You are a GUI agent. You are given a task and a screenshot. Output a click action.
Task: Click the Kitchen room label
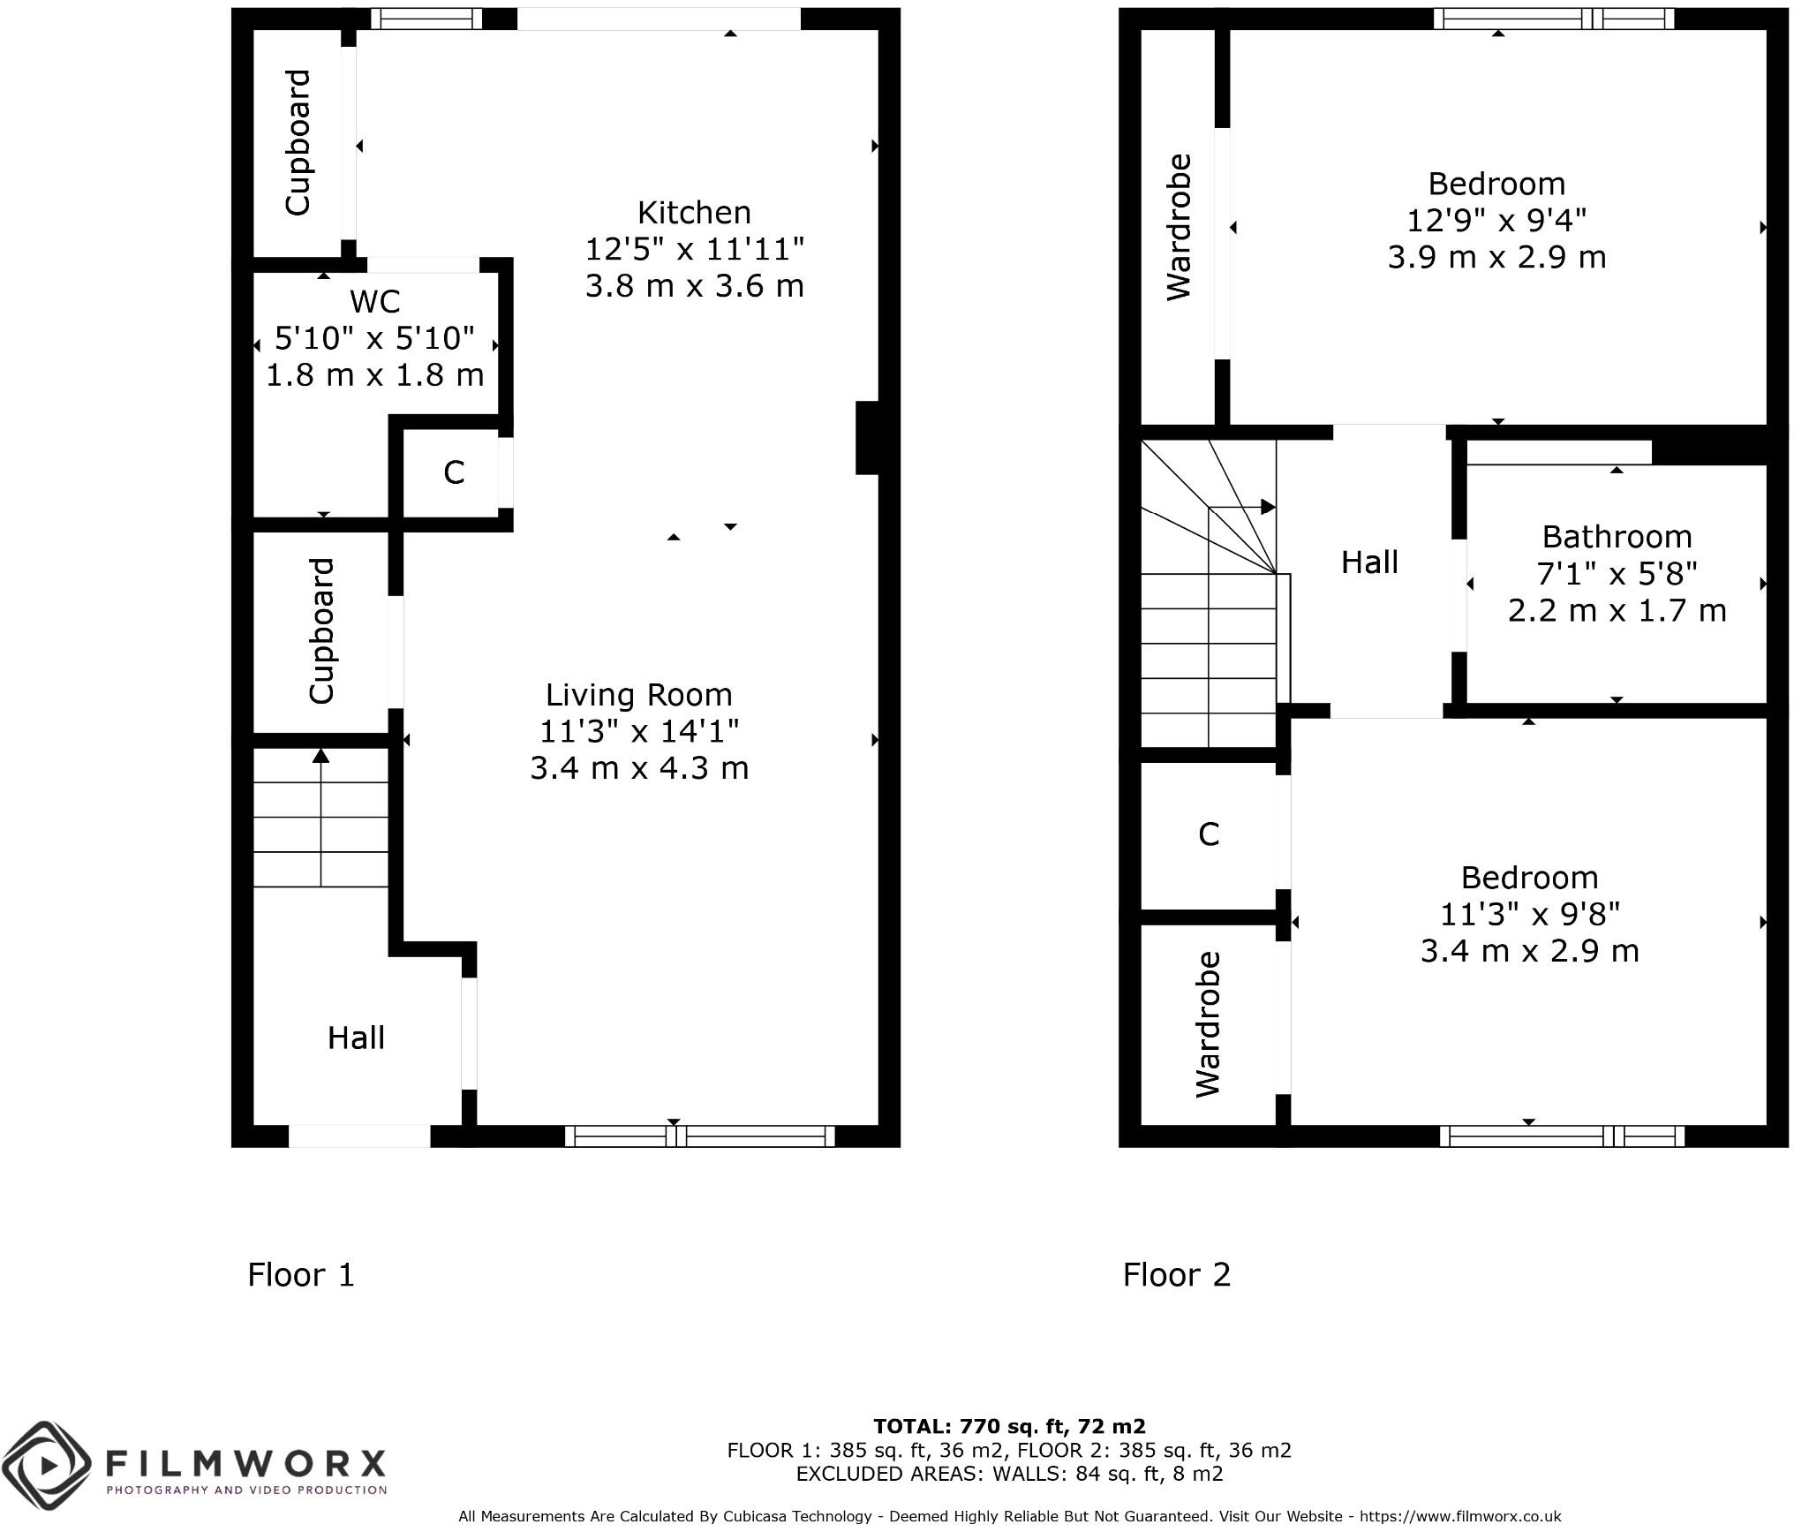pyautogui.click(x=694, y=213)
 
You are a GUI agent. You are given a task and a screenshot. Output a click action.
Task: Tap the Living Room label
pyautogui.click(x=638, y=695)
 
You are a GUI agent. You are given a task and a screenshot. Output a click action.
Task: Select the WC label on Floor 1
pyautogui.click(x=374, y=302)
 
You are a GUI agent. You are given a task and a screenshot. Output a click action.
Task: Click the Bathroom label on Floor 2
pyautogui.click(x=1617, y=537)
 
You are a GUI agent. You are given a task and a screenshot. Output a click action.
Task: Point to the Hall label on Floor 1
pyautogui.click(x=356, y=1038)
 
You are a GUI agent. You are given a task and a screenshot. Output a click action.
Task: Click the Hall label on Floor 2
pyautogui.click(x=1369, y=562)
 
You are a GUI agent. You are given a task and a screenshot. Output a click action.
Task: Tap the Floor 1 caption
pyautogui.click(x=301, y=1275)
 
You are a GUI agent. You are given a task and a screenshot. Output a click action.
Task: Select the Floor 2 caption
pyautogui.click(x=1176, y=1275)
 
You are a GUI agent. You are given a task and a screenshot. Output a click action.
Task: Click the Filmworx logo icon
pyautogui.click(x=46, y=1467)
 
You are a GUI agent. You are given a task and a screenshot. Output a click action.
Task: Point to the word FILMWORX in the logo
pyautogui.click(x=245, y=1464)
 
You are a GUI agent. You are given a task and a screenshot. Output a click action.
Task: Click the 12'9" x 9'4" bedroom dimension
pyautogui.click(x=1496, y=220)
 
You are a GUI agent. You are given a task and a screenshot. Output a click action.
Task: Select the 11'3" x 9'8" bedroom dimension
pyautogui.click(x=1529, y=914)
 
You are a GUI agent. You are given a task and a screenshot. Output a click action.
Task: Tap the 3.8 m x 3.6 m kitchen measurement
pyautogui.click(x=694, y=286)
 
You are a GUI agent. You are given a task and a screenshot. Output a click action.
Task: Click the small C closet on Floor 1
pyautogui.click(x=454, y=473)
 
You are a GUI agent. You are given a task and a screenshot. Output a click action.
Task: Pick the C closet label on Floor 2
pyautogui.click(x=1209, y=834)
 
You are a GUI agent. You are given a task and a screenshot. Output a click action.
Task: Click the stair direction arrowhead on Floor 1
pyautogui.click(x=321, y=756)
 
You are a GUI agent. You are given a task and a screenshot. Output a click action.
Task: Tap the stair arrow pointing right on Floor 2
pyautogui.click(x=1268, y=507)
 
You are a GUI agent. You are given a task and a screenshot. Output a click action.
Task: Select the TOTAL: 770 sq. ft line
pyautogui.click(x=1009, y=1426)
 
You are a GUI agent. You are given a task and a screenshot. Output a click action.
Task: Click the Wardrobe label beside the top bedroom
pyautogui.click(x=1180, y=227)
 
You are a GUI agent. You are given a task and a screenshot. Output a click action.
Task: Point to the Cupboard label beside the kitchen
pyautogui.click(x=298, y=142)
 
